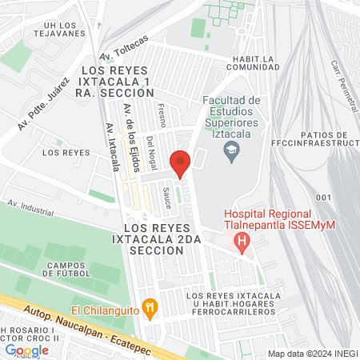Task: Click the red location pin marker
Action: coord(181,163)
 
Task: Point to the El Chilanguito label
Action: coord(104,309)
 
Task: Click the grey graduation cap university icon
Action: coord(230,150)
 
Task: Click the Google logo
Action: coord(26,350)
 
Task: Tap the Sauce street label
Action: coord(166,198)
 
